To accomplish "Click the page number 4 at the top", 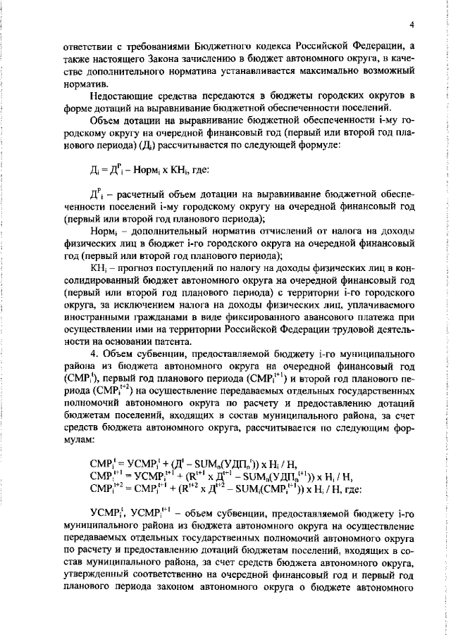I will (x=410, y=26).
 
